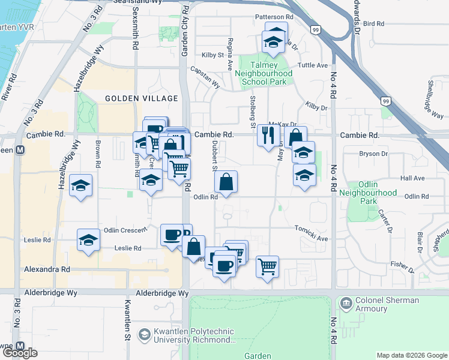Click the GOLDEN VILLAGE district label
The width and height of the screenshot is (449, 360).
point(141,98)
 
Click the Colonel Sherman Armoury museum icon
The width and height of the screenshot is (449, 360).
point(345,303)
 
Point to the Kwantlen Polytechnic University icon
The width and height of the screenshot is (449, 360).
point(144,334)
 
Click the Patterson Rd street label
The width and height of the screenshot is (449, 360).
point(273,17)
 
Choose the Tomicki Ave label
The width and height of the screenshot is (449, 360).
point(311,238)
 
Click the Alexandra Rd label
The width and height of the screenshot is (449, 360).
point(47,270)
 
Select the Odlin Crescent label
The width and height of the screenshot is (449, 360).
point(125,230)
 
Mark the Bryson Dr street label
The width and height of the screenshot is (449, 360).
point(373,154)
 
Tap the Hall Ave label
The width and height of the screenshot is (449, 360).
point(412,178)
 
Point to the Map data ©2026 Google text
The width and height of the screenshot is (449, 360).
point(411,355)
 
